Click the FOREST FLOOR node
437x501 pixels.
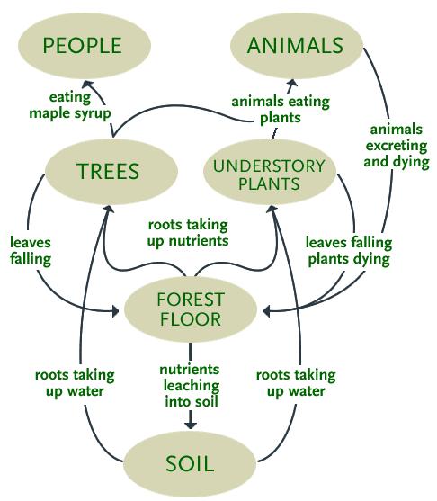tap(190, 309)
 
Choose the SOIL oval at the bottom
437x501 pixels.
tap(190, 464)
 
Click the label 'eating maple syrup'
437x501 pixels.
tap(70, 105)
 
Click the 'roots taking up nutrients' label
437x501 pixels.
tap(189, 232)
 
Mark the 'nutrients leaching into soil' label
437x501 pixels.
tap(190, 385)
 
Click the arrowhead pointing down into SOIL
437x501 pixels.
tap(190, 424)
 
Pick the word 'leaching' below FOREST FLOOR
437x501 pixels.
tap(190, 385)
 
